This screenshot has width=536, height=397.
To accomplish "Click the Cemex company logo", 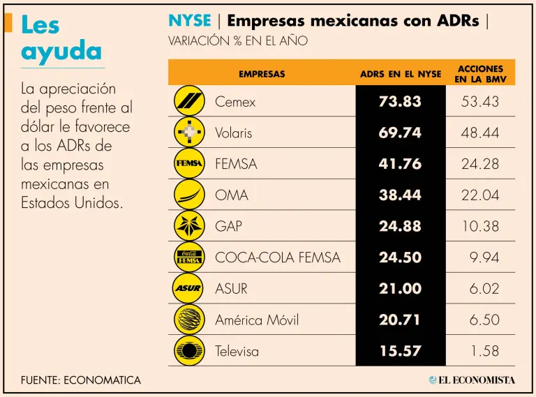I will point(188,101).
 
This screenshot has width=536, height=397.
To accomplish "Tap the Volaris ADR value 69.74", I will point(400,133).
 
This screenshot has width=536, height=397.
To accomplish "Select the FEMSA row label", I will point(236,164).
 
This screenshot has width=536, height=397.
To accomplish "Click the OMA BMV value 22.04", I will point(480,195).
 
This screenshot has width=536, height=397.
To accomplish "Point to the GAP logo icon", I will point(188,226).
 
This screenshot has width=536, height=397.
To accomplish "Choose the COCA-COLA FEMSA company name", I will point(278,257).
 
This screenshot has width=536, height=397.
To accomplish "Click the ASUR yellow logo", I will point(188,288).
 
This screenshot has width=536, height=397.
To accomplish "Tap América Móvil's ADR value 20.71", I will point(400,320).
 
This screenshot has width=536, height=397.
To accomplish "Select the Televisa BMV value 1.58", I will point(484,351).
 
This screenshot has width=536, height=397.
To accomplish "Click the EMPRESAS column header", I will point(262,74).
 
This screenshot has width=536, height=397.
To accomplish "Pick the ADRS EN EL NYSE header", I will point(401,74).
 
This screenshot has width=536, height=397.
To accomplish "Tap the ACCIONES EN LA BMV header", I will point(480,74).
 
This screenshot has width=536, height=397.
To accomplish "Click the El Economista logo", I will point(472,380).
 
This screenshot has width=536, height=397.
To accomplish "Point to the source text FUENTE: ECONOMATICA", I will point(81,380).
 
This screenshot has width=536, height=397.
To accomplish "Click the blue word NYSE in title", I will point(189,20).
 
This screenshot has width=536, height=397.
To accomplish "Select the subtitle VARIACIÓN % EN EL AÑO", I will point(237,41).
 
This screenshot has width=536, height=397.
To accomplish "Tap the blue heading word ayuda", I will point(61,51).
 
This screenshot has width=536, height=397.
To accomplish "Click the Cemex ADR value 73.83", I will point(400,101).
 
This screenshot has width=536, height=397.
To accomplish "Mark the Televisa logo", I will point(188,350).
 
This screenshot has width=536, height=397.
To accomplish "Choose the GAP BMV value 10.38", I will point(480,226).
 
